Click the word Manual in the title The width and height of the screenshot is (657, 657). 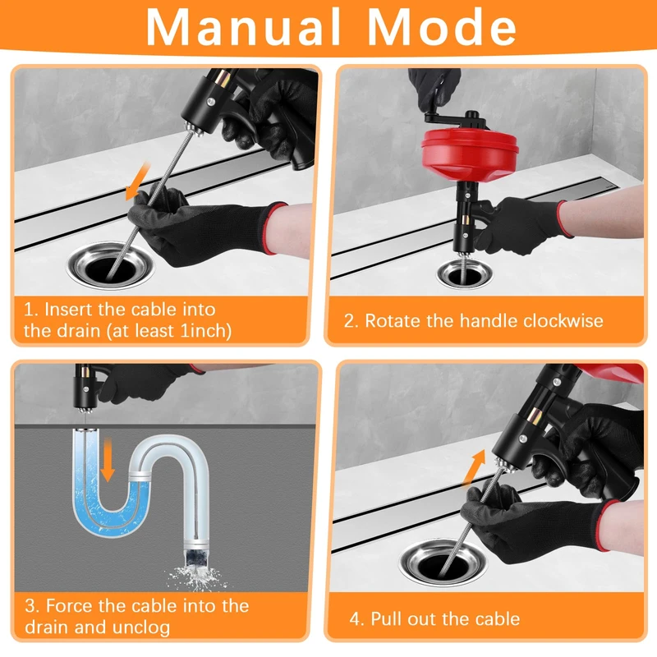243,26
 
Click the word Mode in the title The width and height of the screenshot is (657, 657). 442,26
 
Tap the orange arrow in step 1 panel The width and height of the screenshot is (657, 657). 138,181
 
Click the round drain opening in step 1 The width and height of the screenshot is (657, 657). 110,265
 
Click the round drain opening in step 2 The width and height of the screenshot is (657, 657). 464,273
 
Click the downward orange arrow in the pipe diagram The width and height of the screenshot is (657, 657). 108,460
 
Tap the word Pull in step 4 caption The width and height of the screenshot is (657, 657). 386,619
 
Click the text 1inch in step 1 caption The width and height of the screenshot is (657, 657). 205,331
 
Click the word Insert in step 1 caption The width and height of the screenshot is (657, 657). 68,310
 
